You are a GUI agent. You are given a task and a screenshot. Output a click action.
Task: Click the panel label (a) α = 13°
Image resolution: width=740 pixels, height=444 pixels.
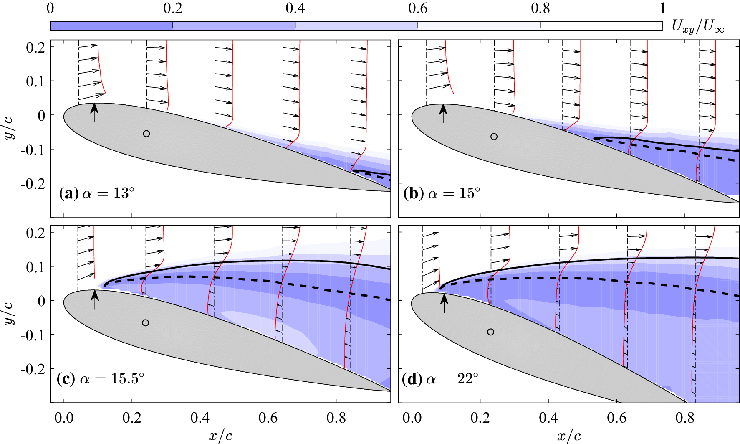pos(97,194)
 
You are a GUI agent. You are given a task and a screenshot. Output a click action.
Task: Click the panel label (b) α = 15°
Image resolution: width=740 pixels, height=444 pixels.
pos(442,194)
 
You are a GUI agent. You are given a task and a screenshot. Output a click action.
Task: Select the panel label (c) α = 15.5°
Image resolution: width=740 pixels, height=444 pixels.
pos(100,379)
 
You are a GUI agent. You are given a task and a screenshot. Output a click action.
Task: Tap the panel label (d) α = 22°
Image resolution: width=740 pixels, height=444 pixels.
pos(440,379)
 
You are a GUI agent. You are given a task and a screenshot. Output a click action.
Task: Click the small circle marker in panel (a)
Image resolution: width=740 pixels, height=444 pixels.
pos(146,134)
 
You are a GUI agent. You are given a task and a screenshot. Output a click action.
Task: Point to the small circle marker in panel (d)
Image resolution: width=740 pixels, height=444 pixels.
pos(490,332)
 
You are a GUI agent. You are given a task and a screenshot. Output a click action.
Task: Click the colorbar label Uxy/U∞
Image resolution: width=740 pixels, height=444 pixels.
pos(697,27)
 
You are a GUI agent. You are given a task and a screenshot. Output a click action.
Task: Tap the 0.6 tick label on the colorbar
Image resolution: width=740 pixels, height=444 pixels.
pos(418,8)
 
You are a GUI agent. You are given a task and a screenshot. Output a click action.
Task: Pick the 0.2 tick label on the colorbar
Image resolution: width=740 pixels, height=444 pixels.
pos(173,8)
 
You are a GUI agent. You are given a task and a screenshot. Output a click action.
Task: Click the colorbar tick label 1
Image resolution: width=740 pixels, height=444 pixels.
pos(663,8)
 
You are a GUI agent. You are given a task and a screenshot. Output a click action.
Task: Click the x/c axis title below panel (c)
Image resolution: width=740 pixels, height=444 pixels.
pos(220,436)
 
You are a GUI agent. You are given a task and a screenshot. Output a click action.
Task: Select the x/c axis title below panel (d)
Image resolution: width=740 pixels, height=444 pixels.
pos(568,436)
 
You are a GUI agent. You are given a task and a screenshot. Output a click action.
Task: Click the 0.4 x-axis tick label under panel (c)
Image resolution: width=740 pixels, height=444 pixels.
pos(200,418)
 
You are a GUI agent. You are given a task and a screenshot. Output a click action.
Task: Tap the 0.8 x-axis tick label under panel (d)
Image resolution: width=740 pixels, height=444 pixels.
pos(685,418)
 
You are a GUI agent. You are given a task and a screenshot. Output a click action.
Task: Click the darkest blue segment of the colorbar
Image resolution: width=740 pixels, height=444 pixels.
pos(111,26)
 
